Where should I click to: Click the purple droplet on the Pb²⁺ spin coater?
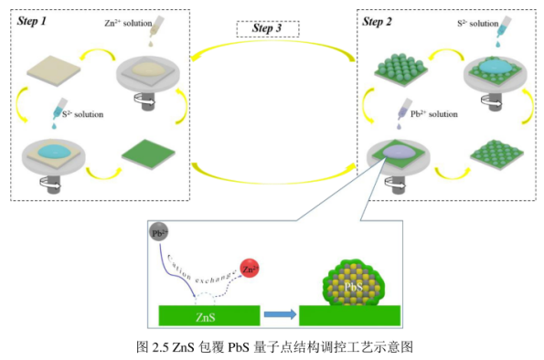(x=399, y=154)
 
